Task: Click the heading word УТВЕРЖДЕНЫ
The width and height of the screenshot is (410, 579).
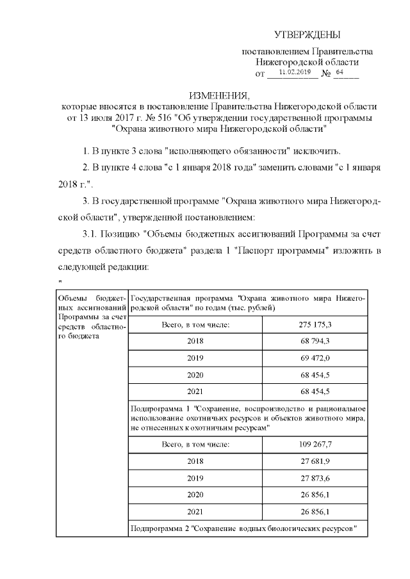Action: [x=307, y=34]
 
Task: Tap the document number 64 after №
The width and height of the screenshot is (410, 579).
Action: [x=340, y=73]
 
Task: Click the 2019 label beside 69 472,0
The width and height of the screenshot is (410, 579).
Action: [x=195, y=358]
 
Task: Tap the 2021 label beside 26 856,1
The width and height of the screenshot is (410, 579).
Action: [x=195, y=511]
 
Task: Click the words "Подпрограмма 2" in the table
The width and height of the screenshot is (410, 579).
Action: [x=159, y=528]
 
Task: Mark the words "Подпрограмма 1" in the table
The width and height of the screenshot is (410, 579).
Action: [x=159, y=408]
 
